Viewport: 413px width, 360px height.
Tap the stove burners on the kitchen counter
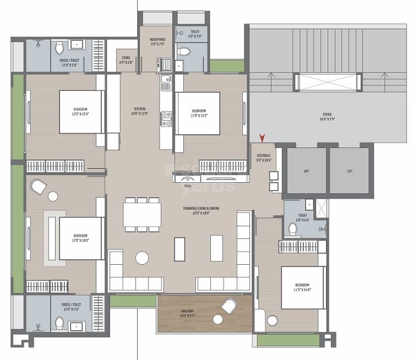coord(165,118)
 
